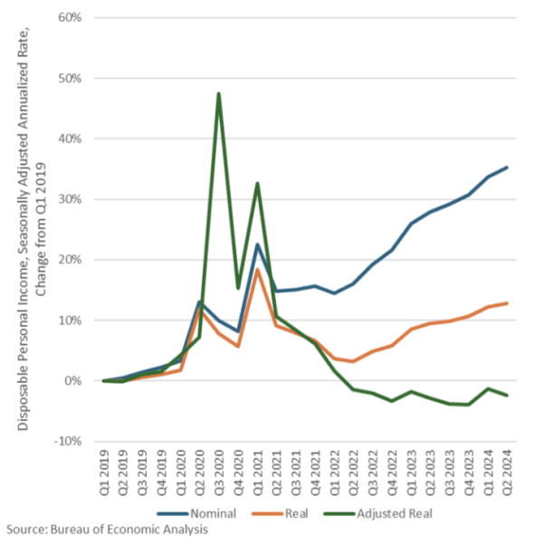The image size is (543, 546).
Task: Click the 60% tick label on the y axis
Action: [71, 18]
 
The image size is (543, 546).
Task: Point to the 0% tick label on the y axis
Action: [74, 381]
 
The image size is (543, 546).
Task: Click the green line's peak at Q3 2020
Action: [218, 93]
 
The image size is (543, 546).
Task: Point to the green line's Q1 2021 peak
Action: [257, 183]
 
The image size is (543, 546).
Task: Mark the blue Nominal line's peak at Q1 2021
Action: [257, 244]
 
